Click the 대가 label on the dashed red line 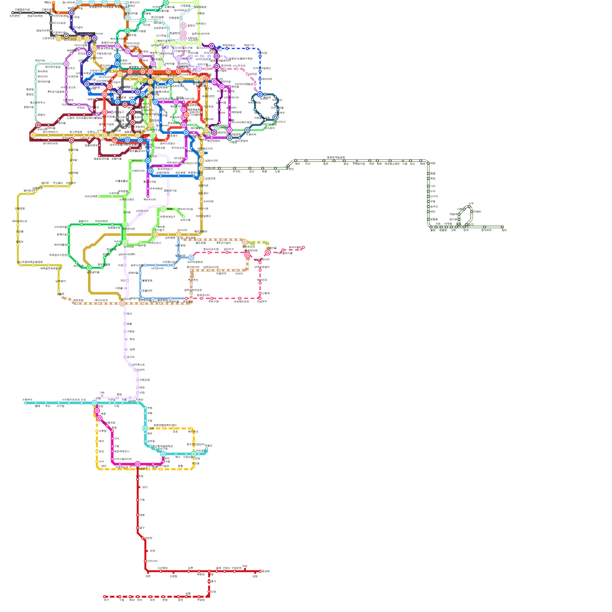click(x=106, y=600)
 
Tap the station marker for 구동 click(x=120, y=597)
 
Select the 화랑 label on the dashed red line click(x=132, y=600)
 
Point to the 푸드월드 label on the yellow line click(x=58, y=183)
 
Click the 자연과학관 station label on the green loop click(x=101, y=221)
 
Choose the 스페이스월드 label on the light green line click(x=127, y=199)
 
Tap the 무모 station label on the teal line click(x=47, y=406)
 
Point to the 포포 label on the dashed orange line click(x=175, y=431)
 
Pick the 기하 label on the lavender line click(x=102, y=393)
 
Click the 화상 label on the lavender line click(x=132, y=339)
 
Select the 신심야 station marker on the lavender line click(x=138, y=370)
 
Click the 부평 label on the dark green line click(x=433, y=201)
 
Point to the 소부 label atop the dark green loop click(x=471, y=203)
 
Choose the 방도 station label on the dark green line click(x=346, y=164)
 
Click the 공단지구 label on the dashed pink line click(x=229, y=249)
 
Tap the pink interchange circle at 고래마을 click(x=268, y=252)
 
